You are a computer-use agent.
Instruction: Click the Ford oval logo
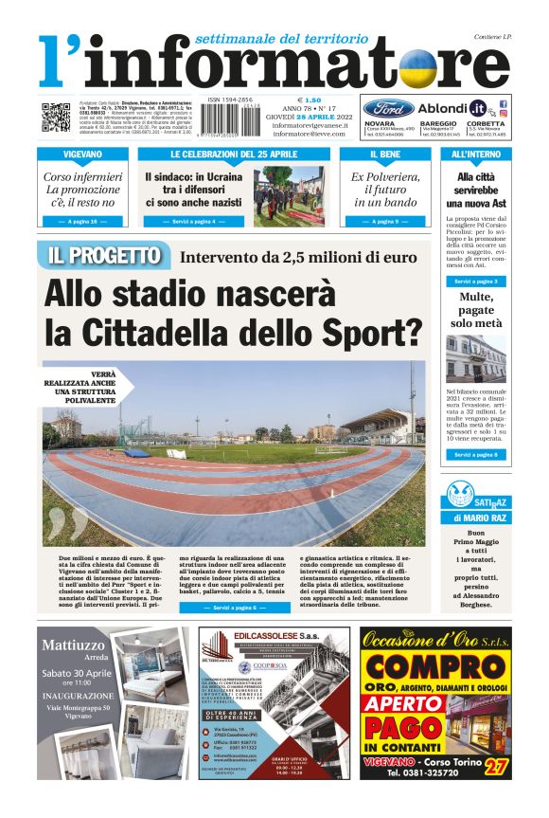(387, 108)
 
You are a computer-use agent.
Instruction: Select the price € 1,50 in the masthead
(310, 100)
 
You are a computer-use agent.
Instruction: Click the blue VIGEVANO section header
(83, 154)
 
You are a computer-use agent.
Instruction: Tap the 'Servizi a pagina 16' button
(83, 221)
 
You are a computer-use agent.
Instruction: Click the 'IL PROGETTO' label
(104, 255)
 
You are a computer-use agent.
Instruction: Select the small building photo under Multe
(476, 357)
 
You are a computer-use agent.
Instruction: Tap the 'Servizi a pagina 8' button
(476, 455)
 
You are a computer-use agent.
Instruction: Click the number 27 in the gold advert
(492, 764)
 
